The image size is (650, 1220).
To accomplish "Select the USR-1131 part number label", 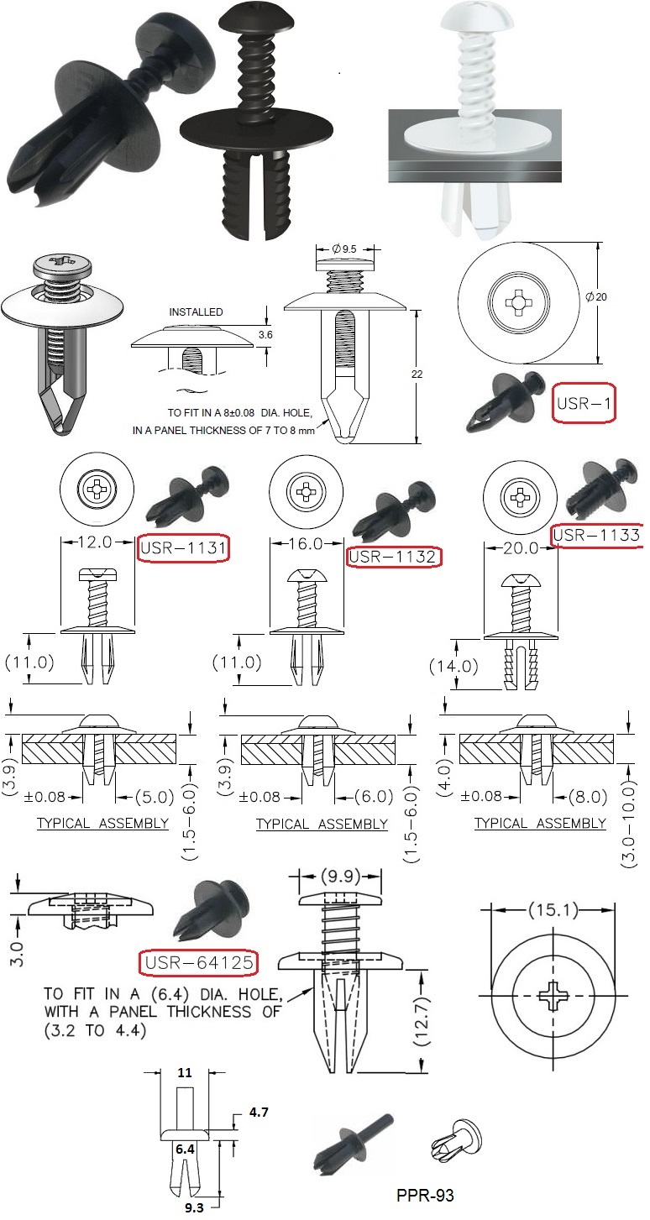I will pyautogui.click(x=184, y=547).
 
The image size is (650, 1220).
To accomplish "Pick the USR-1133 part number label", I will pyautogui.click(x=596, y=535).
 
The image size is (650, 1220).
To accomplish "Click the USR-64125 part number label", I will pyautogui.click(x=198, y=962).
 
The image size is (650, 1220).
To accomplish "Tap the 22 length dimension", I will pyautogui.click(x=428, y=373).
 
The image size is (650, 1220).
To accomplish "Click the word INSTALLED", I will pyautogui.click(x=195, y=312).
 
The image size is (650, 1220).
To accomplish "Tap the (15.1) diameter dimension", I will pyautogui.click(x=553, y=910).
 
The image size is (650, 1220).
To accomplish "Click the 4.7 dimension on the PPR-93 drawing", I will pyautogui.click(x=258, y=1112).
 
